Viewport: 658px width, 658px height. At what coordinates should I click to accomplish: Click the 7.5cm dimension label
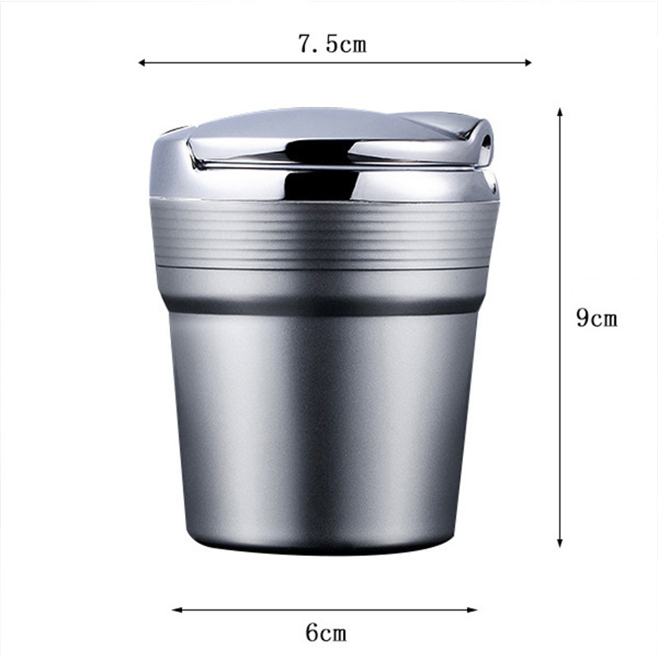click(x=332, y=44)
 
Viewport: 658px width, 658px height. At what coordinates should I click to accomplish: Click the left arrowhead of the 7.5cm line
click(x=141, y=63)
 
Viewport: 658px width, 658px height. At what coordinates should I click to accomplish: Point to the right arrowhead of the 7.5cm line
click(x=528, y=63)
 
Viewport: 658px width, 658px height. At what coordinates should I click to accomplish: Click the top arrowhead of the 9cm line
click(x=559, y=111)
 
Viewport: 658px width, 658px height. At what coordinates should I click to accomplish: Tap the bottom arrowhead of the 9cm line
click(x=559, y=544)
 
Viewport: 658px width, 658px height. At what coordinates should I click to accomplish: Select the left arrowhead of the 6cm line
click(x=176, y=609)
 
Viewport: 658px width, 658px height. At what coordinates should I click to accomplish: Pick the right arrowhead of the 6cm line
click(x=473, y=609)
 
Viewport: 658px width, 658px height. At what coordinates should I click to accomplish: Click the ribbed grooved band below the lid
click(x=323, y=233)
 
